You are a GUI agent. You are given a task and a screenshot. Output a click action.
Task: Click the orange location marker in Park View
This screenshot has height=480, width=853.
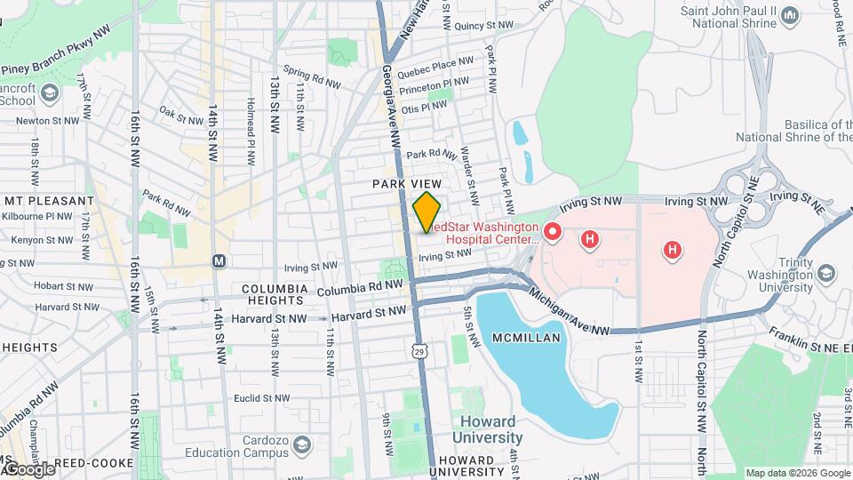(426, 212)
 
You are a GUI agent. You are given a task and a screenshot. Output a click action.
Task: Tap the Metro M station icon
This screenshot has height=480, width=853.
(218, 261)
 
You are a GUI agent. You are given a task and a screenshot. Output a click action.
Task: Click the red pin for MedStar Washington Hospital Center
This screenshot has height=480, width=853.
(552, 233)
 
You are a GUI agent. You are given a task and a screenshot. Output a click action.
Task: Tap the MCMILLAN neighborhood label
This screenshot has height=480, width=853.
(528, 338)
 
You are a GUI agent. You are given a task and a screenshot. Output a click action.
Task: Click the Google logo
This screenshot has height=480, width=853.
(28, 468)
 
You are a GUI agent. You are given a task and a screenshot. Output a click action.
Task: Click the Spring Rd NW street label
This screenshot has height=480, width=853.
(311, 76)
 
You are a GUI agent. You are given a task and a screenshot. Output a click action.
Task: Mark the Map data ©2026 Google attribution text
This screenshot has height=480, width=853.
(796, 473)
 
